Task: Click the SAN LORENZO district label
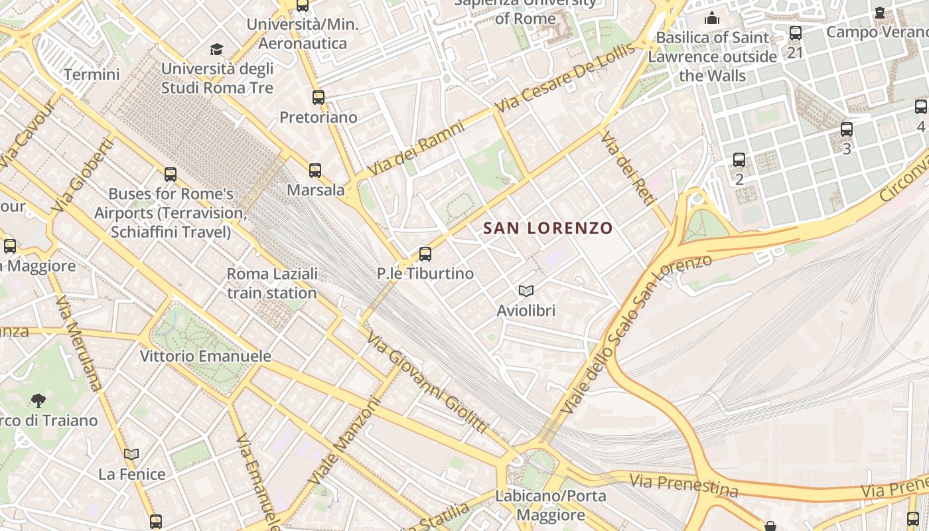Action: [x=547, y=228]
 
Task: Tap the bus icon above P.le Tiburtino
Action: [x=425, y=254]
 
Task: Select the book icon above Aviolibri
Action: [x=526, y=291]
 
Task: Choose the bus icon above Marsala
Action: [x=315, y=171]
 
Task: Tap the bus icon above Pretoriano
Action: [x=319, y=98]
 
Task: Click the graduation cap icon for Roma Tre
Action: [x=217, y=49]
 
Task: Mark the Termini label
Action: [x=92, y=74]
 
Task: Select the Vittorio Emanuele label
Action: [x=206, y=356]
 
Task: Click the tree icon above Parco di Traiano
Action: [x=38, y=400]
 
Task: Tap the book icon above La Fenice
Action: [x=131, y=455]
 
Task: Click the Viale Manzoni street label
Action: [x=344, y=441]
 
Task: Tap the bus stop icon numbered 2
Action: [x=739, y=160]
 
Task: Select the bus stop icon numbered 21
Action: [x=796, y=33]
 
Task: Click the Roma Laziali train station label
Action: [x=272, y=283]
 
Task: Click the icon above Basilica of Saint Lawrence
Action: [x=712, y=18]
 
